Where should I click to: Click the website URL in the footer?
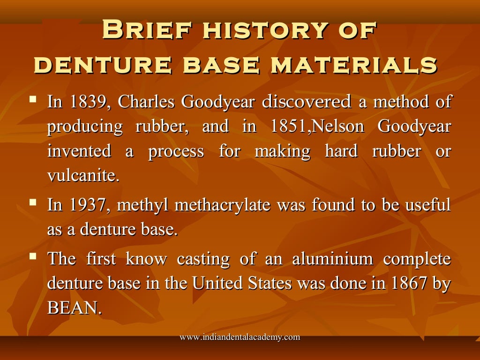tap(240, 337)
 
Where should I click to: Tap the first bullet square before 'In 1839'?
tap(33, 99)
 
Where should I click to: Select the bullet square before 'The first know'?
tap(33, 256)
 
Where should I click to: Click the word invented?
tap(79, 151)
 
